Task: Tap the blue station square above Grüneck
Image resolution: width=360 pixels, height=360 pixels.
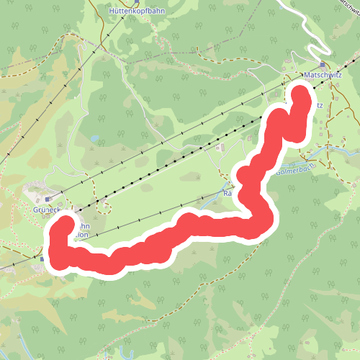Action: (48, 199)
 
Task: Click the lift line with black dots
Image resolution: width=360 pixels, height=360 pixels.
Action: (180, 158)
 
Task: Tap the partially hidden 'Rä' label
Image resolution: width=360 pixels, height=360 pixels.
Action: (228, 194)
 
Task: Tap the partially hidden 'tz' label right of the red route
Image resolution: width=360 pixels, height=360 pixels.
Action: (318, 105)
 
